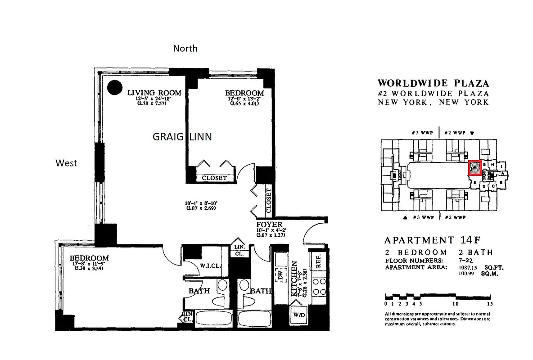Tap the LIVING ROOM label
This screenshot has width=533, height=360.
pyautogui.click(x=154, y=93)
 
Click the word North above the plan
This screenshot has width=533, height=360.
pyautogui.click(x=185, y=48)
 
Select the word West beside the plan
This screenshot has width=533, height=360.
pyautogui.click(x=66, y=163)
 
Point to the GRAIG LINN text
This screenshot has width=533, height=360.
pyautogui.click(x=182, y=137)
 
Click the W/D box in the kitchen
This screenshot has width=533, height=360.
pyautogui.click(x=299, y=315)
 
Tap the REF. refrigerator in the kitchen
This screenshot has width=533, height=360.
pyautogui.click(x=318, y=260)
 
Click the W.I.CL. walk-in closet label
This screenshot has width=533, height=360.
pyautogui.click(x=210, y=265)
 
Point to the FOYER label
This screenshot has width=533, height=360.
pyautogui.click(x=269, y=225)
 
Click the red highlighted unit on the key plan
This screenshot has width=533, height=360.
pyautogui.click(x=474, y=168)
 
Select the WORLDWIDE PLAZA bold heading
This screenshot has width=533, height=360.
pyautogui.click(x=433, y=83)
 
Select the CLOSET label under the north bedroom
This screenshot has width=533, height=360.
pyautogui.click(x=214, y=178)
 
